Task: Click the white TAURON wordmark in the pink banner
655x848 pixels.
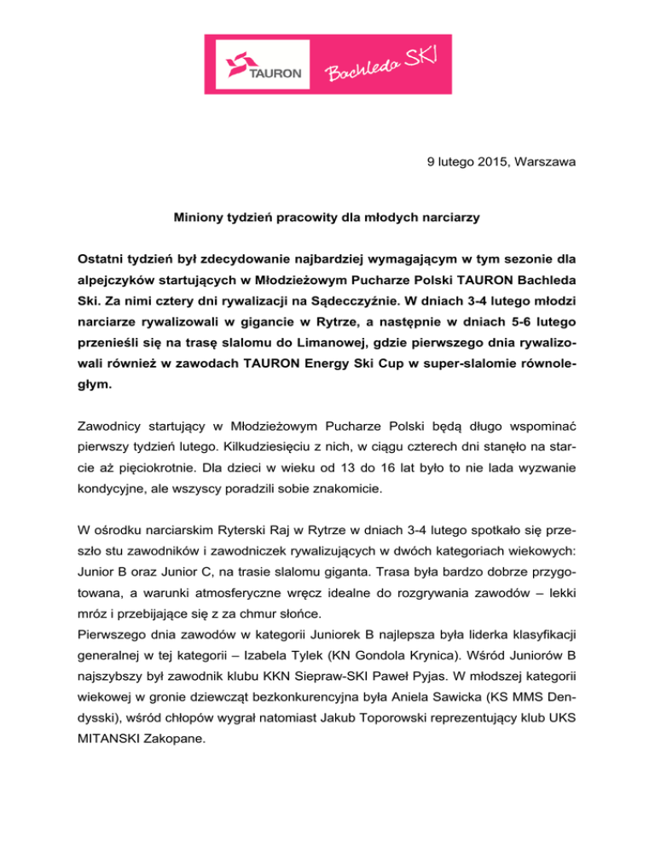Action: click(x=275, y=73)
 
